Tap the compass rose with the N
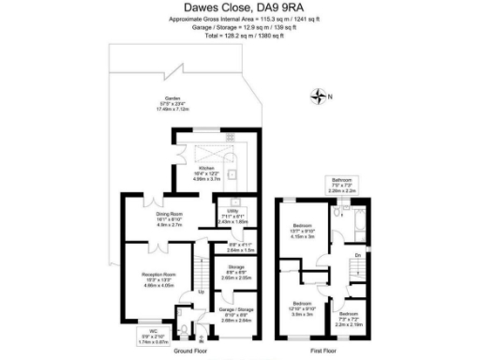point(322,96)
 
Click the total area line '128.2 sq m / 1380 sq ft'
point(239,43)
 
